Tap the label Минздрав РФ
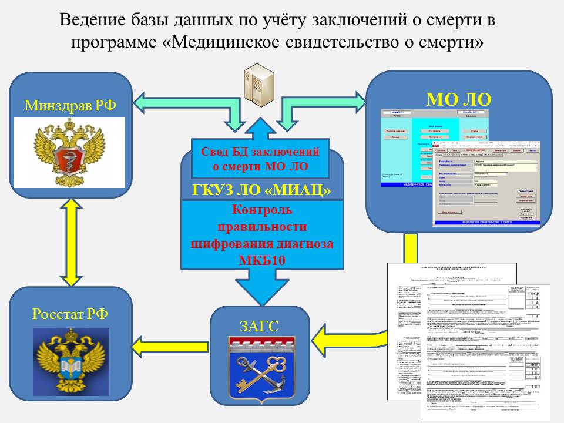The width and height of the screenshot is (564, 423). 70,106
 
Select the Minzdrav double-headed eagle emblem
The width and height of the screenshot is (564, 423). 69,152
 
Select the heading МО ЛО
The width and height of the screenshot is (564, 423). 458,97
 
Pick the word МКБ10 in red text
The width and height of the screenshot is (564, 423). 261,260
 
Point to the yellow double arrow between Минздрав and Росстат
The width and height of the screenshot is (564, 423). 70,242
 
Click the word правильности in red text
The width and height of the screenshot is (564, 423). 261,226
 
